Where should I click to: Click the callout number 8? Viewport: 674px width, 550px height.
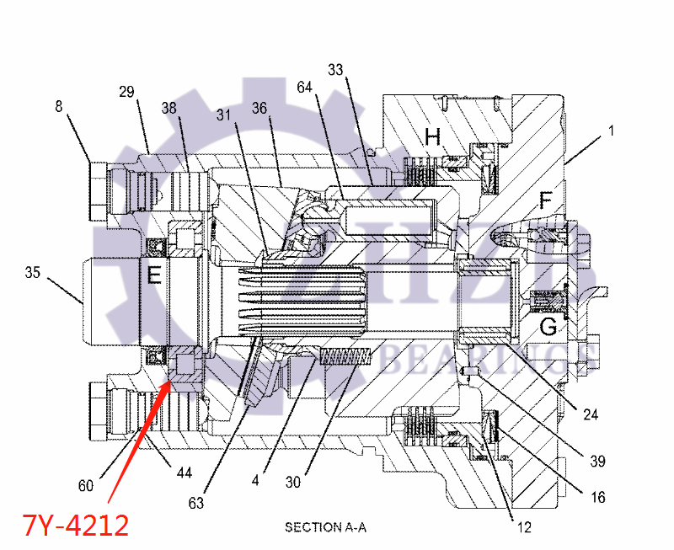pyautogui.click(x=59, y=107)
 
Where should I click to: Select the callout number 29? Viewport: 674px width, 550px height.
pyautogui.click(x=126, y=92)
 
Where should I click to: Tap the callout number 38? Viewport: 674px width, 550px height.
pyautogui.click(x=169, y=108)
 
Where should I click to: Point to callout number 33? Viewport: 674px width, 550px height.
pyautogui.click(x=335, y=71)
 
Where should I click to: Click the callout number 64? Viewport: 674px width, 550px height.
pyautogui.click(x=304, y=87)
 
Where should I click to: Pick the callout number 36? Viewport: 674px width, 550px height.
pyautogui.click(x=259, y=108)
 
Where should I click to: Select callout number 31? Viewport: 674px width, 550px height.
pyautogui.click(x=223, y=114)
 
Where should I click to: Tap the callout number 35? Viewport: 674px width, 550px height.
pyautogui.click(x=33, y=272)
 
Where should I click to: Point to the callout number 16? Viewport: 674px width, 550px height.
pyautogui.click(x=597, y=498)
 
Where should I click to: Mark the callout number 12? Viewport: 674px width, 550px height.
pyautogui.click(x=525, y=528)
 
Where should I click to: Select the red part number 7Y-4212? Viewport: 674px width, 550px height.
pyautogui.click(x=76, y=526)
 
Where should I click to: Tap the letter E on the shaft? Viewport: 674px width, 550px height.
pyautogui.click(x=154, y=275)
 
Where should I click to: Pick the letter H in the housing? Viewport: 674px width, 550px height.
pyautogui.click(x=433, y=136)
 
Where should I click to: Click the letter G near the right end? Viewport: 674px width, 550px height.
pyautogui.click(x=548, y=326)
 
